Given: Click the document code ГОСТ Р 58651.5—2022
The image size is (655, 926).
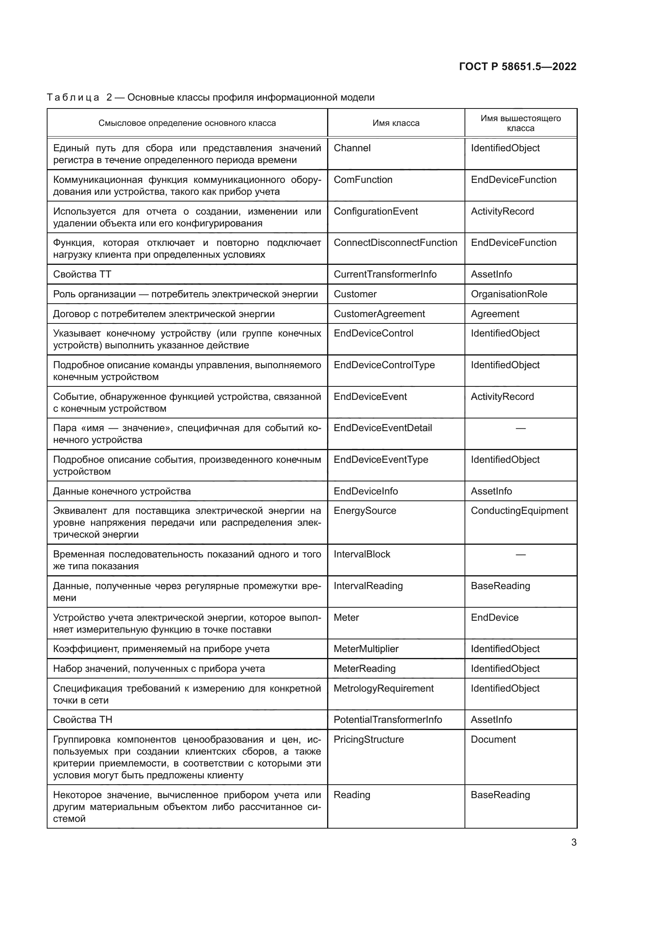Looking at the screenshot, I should tap(518, 67).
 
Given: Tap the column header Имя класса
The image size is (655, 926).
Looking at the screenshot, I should tap(396, 123).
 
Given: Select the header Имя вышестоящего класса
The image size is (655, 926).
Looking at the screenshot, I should tap(520, 123).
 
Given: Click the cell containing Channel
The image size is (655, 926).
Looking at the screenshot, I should tap(352, 148).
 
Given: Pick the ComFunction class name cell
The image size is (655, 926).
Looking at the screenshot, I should tap(363, 180).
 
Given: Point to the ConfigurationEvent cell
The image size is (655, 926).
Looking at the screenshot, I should tap(375, 211).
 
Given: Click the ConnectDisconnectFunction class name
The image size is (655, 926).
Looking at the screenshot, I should tap(395, 243).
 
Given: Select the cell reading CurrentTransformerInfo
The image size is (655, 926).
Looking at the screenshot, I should tap(385, 274).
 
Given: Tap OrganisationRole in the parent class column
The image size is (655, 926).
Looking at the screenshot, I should tap(509, 294).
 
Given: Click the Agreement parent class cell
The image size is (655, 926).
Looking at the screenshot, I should tap(495, 314).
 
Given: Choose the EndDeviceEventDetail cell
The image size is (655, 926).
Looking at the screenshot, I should tap(383, 428).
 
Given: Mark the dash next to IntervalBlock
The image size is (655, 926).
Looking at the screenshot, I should tap(520, 555).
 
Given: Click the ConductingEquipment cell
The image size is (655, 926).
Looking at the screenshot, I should tap(520, 511).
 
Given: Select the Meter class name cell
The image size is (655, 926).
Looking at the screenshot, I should tap(346, 618).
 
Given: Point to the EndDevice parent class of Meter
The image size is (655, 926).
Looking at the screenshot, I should tap(495, 618).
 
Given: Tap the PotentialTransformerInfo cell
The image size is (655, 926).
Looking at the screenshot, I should tap(388, 720).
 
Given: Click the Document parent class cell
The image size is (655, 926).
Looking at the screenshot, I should tap(493, 740).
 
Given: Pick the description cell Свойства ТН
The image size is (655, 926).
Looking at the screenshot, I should tap(83, 720).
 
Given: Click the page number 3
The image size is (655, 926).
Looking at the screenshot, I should tap(574, 842).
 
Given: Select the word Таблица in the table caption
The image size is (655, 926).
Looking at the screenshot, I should tap(73, 98).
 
